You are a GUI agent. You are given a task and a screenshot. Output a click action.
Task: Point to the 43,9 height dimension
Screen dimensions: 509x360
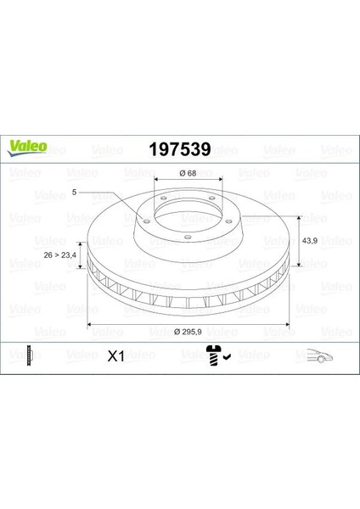(312, 240)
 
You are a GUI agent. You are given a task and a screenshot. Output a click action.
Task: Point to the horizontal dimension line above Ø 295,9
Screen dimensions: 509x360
(189, 325)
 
